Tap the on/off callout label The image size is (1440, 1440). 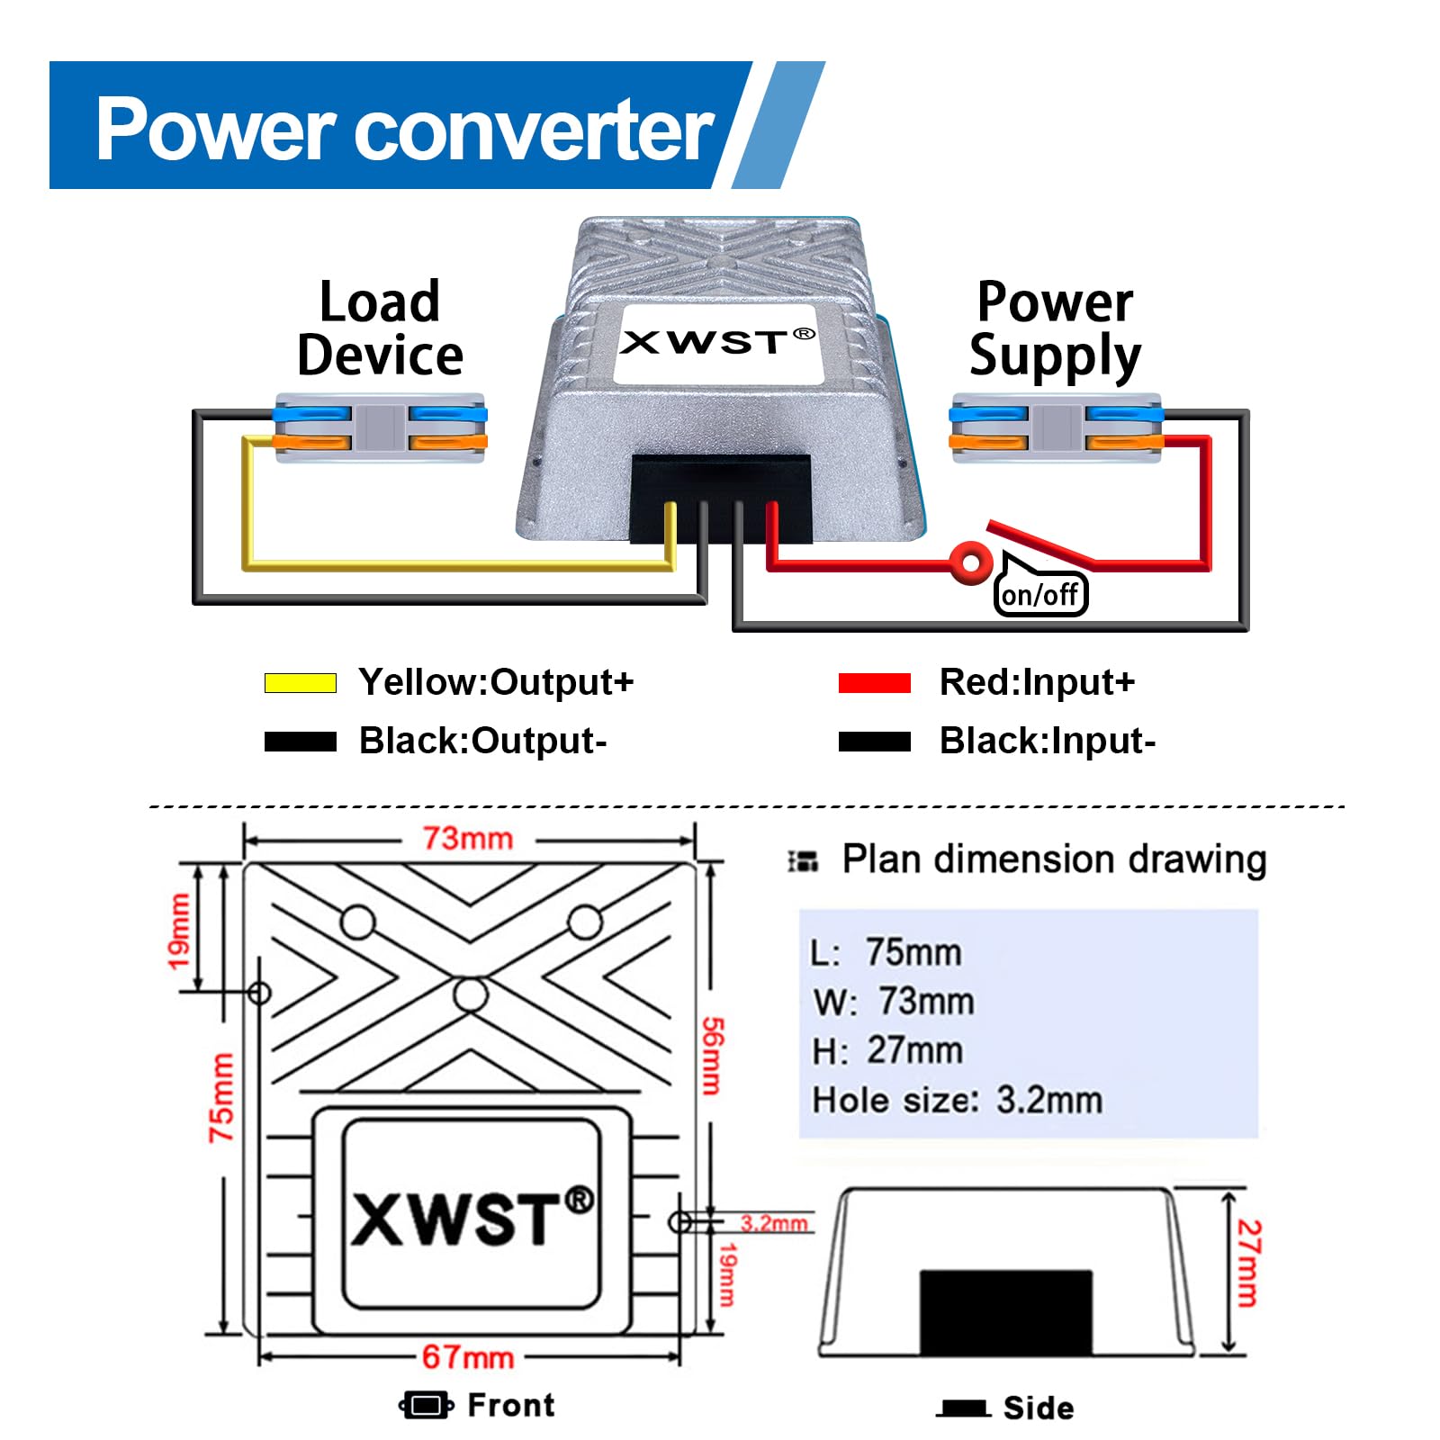[1040, 595]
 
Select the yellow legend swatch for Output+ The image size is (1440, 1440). [300, 683]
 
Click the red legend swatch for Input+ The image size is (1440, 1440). [874, 683]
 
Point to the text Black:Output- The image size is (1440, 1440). [482, 742]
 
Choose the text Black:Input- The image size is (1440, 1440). [1047, 742]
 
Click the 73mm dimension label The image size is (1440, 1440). [468, 839]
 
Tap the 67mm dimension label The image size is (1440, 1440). [468, 1356]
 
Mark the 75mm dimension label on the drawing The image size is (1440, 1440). [221, 1098]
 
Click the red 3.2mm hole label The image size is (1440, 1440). [774, 1223]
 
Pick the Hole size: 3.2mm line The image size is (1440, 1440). [957, 1100]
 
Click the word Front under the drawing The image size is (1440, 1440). [511, 1405]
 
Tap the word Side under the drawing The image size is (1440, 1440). [1039, 1408]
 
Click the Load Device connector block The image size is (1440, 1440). [380, 428]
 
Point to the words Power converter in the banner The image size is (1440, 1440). [404, 130]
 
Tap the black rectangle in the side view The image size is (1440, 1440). [1005, 1311]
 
